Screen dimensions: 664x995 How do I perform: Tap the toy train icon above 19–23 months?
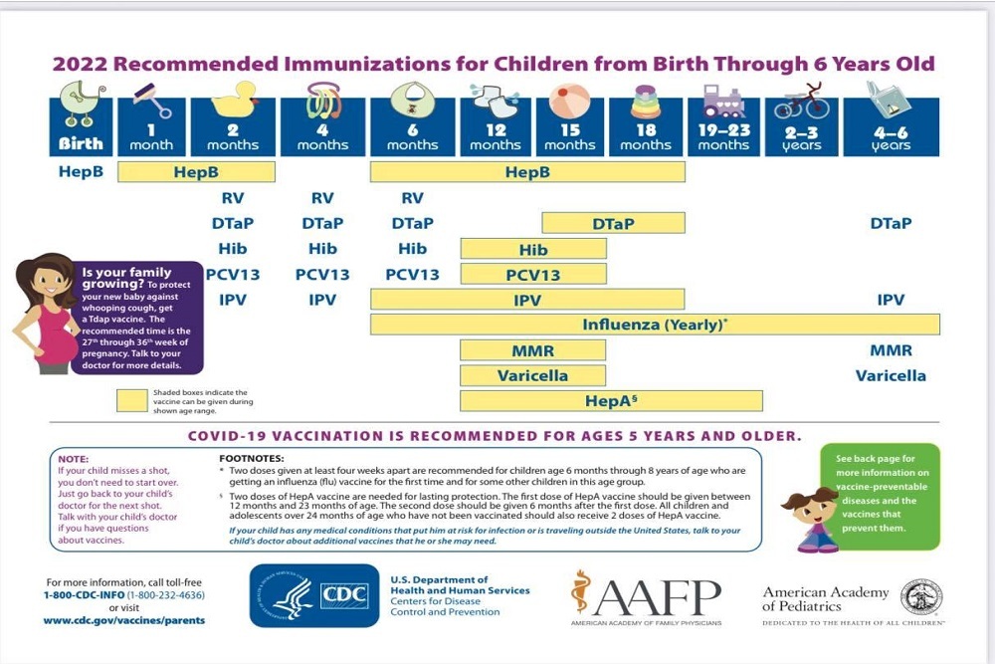pyautogui.click(x=722, y=101)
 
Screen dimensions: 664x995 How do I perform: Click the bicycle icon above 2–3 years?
pyautogui.click(x=801, y=102)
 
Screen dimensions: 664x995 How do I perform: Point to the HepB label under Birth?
pyautogui.click(x=80, y=172)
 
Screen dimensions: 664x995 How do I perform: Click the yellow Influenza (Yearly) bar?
pyautogui.click(x=655, y=325)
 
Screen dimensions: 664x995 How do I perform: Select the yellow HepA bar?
pyautogui.click(x=610, y=400)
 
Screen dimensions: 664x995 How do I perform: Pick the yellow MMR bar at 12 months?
pyautogui.click(x=532, y=350)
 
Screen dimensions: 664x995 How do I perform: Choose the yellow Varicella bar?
pyautogui.click(x=532, y=375)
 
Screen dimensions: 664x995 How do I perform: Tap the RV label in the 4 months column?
pyautogui.click(x=322, y=198)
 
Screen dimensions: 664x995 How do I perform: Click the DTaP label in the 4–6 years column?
pyautogui.click(x=891, y=223)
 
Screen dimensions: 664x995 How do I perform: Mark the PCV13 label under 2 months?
pyautogui.click(x=233, y=274)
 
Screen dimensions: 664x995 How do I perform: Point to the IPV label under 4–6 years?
pyautogui.click(x=891, y=299)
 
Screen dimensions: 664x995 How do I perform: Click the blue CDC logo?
pyautogui.click(x=313, y=595)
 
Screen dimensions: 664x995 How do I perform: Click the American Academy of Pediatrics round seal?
pyautogui.click(x=921, y=596)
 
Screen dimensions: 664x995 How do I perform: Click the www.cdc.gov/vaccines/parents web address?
pyautogui.click(x=123, y=620)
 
